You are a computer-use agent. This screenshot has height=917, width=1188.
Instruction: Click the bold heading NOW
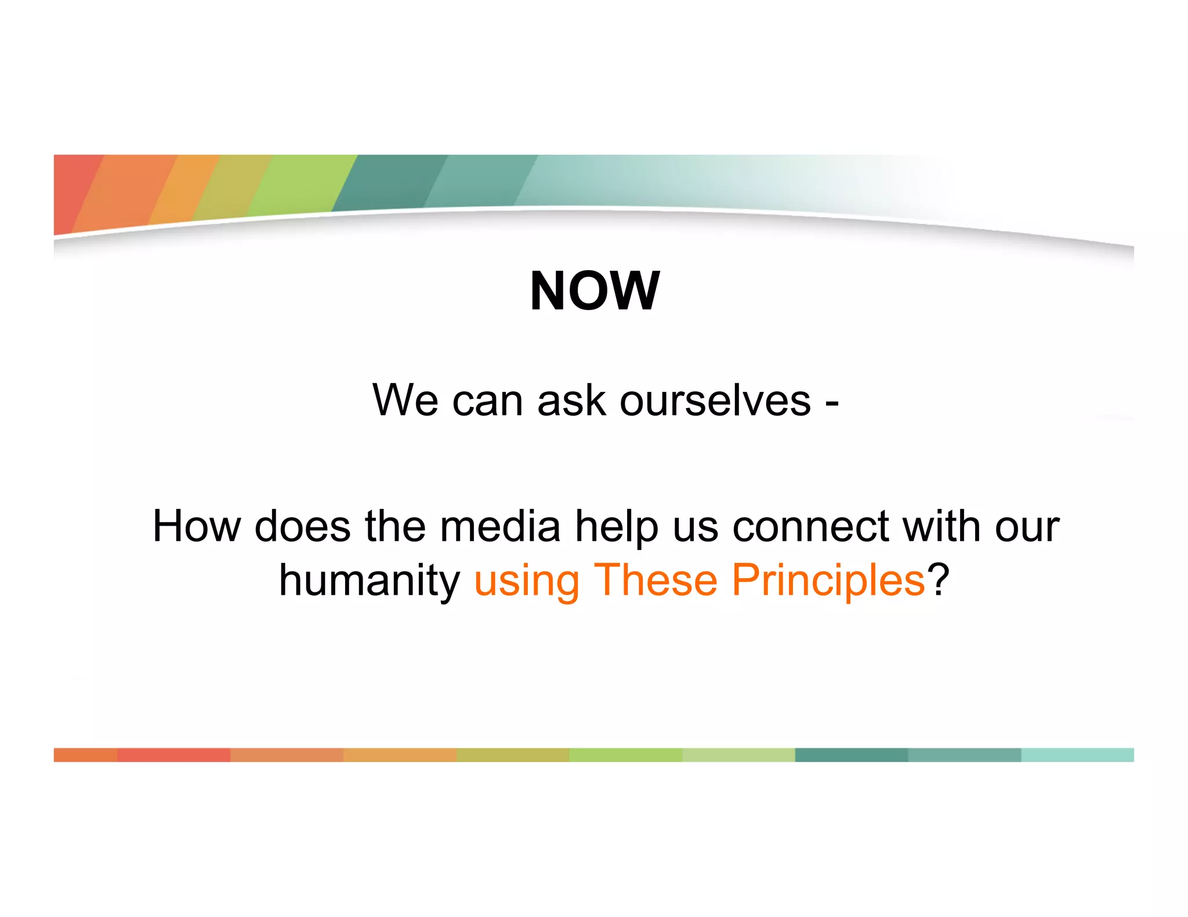pos(594,291)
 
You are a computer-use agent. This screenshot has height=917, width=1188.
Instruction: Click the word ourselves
pos(715,401)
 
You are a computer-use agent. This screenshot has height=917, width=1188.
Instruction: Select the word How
pos(196,526)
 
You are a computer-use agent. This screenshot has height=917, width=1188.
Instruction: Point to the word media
pos(500,526)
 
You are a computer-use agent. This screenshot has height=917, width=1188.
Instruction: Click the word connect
pos(810,526)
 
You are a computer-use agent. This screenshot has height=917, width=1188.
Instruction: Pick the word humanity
pos(370,581)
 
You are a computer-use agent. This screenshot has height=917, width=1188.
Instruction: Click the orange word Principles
pos(828,581)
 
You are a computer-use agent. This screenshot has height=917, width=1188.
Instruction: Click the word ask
pos(571,401)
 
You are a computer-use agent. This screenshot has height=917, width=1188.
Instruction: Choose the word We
pos(405,401)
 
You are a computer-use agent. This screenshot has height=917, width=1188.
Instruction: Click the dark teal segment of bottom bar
pos(851,755)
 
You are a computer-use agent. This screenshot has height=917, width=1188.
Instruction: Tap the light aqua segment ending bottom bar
pos(1077,755)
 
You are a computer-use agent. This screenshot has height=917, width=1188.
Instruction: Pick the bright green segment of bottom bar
pos(625,755)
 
